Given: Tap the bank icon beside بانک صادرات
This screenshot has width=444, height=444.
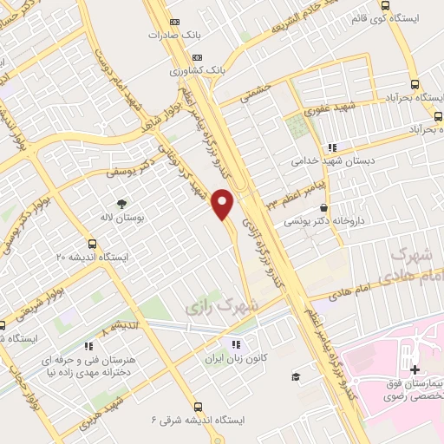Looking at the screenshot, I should pos(175,21).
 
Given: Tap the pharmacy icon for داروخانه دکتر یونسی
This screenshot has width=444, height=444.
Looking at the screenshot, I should pos(324,208).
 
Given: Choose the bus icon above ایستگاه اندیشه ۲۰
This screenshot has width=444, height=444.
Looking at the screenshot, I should pos(93,244).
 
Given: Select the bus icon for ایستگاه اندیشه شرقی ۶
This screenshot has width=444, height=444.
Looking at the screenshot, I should pos(199,405).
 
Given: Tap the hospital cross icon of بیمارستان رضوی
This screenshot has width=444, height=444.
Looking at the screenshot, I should pos(415,370).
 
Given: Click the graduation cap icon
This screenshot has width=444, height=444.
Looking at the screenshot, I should pos(296,376).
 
